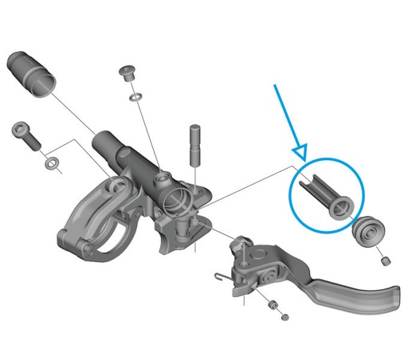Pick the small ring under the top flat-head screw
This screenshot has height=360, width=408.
(135, 98)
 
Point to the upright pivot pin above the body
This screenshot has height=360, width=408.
(194, 141)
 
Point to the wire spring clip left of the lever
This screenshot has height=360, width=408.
(222, 276)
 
